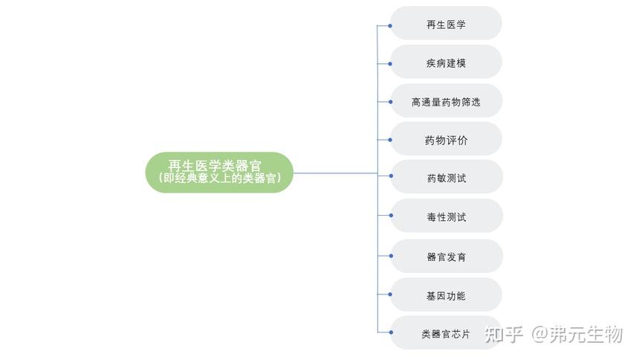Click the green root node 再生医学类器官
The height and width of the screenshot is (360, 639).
coord(219,166)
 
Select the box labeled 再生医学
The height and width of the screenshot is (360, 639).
coord(446,24)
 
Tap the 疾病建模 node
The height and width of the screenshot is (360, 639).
coord(446,62)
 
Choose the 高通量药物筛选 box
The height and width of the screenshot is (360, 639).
coord(446,101)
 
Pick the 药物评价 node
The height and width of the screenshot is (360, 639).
coord(446,140)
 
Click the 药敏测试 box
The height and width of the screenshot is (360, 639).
coord(446,179)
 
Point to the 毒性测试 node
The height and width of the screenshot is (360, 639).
coord(446,217)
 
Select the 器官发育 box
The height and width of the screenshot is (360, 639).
coord(446,257)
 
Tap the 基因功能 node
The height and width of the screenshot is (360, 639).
coord(446,295)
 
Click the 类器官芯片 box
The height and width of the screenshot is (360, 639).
coord(446,334)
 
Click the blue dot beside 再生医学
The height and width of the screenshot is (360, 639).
coord(390,25)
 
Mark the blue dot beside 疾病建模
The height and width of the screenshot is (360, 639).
coord(390,63)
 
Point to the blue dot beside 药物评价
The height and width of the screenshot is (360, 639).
coord(390,140)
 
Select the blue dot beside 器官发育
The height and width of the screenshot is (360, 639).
coord(390,256)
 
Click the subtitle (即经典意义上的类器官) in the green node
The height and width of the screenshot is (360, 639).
coord(219,179)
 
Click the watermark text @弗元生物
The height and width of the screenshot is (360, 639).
coord(577,335)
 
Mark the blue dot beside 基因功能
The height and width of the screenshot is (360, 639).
coord(390,295)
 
